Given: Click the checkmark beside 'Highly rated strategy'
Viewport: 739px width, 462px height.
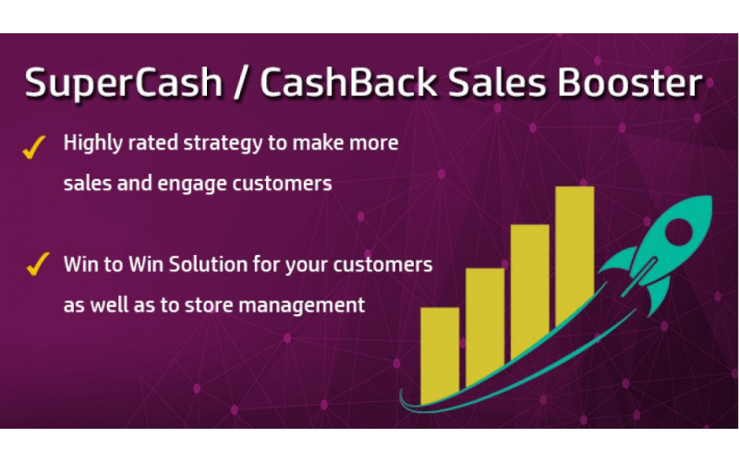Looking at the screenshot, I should pos(35,147).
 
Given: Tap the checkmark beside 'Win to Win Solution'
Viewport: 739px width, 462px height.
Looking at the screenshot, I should pos(36,265).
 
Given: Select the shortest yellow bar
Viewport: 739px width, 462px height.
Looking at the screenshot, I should pos(440,356).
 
